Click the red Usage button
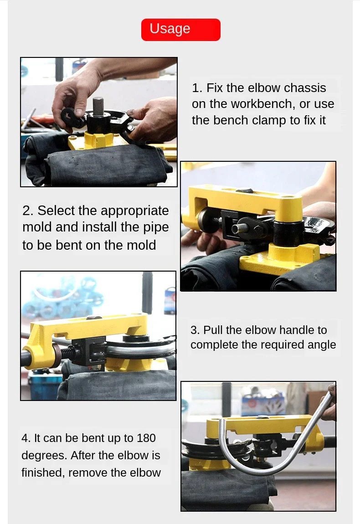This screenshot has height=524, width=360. [x=180, y=30]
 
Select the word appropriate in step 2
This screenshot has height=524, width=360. [x=135, y=211]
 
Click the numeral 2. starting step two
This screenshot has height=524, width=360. [x=28, y=211]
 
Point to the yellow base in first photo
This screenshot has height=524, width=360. [x=97, y=140]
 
